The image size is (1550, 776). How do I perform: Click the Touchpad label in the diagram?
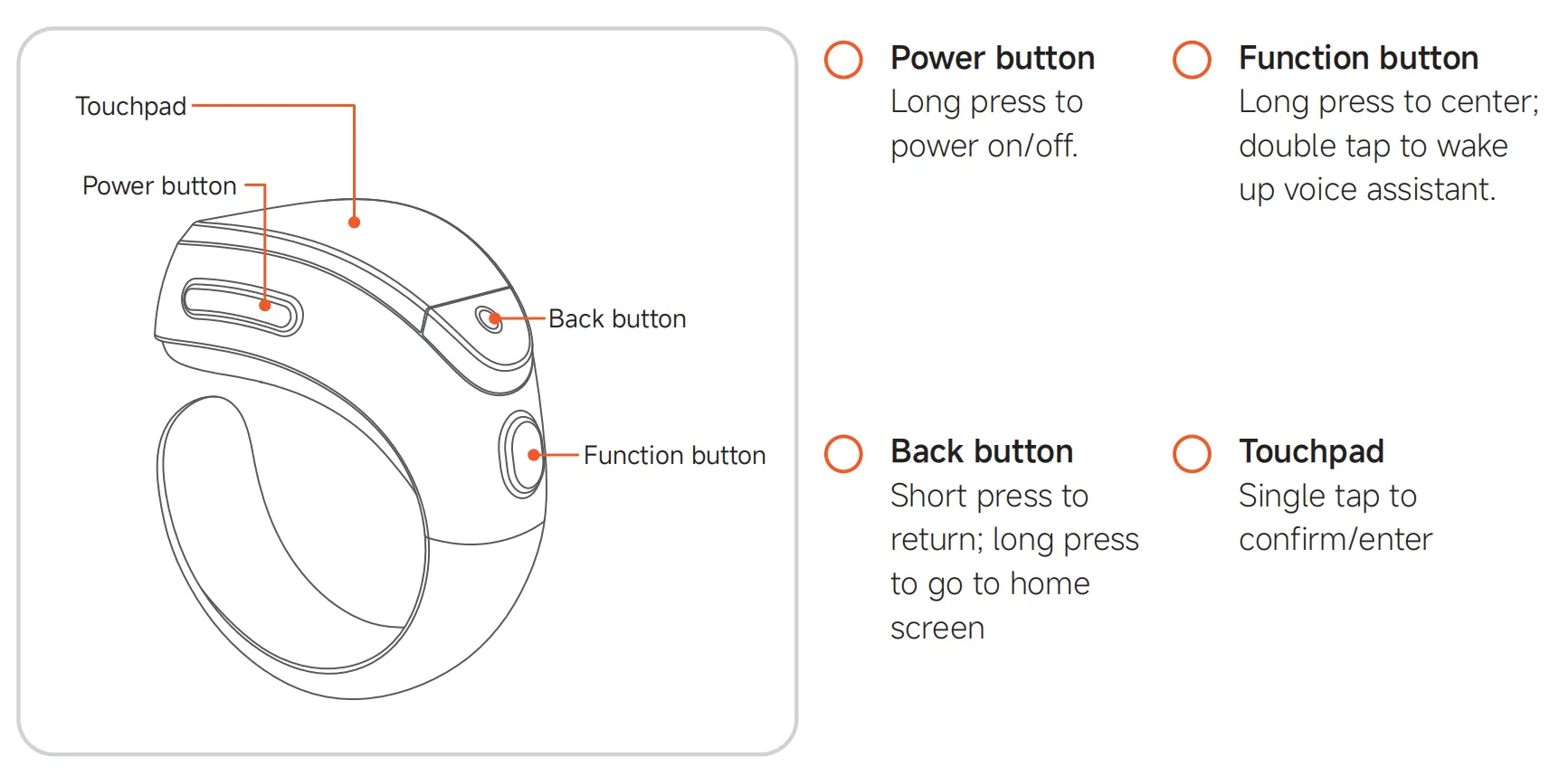(x=131, y=106)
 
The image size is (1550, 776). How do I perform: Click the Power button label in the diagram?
(x=159, y=185)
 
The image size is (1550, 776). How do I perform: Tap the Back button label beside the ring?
(x=617, y=319)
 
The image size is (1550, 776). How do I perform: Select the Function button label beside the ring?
(x=675, y=455)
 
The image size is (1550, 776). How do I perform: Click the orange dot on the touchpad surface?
(x=355, y=222)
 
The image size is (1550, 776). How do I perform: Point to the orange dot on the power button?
(x=265, y=305)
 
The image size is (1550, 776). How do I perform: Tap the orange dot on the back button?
(x=495, y=319)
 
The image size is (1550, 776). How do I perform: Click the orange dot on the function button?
(x=534, y=455)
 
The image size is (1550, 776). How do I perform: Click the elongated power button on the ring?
(x=242, y=308)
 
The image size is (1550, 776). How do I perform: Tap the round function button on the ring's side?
(x=522, y=454)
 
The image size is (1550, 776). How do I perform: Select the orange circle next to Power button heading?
(x=843, y=60)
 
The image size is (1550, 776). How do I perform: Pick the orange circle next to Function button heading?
(x=1192, y=60)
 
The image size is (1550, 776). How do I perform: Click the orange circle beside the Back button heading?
(x=843, y=454)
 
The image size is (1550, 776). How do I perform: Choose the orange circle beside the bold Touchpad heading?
(x=1192, y=454)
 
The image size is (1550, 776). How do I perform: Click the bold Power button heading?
(x=993, y=57)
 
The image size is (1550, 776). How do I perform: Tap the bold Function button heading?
(x=1358, y=57)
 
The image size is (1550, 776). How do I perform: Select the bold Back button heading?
(x=982, y=451)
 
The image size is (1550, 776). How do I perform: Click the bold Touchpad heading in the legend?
(x=1311, y=451)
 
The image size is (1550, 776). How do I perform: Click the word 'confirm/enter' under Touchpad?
(x=1336, y=539)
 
